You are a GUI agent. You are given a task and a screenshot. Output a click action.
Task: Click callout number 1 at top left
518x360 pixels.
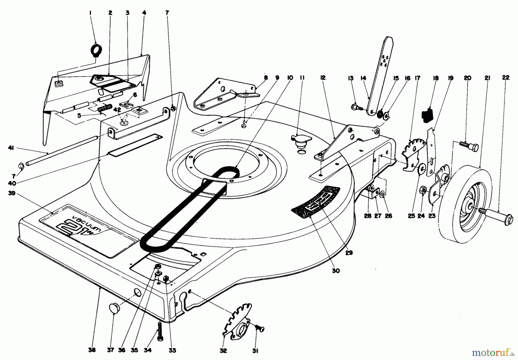pyautogui.click(x=90, y=13)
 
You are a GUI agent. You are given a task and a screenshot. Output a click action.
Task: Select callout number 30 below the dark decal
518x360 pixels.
pyautogui.click(x=336, y=271)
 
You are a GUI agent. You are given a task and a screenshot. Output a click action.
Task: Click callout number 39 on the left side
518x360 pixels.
pyautogui.click(x=12, y=193)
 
